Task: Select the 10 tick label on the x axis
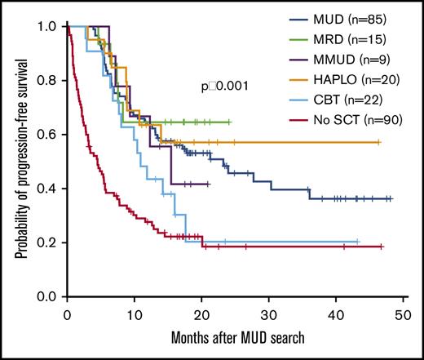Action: (x=135, y=313)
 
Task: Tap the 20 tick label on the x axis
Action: (x=201, y=313)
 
